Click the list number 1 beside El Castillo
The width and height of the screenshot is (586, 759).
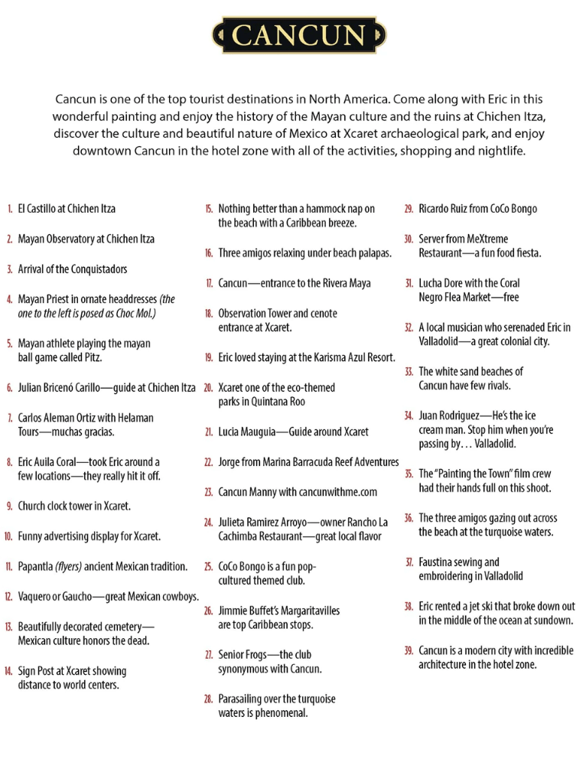(x=9, y=209)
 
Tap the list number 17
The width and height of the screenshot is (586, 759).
(x=208, y=284)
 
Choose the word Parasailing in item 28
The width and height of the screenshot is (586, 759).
(x=243, y=699)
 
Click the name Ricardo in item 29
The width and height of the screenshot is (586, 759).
(x=435, y=209)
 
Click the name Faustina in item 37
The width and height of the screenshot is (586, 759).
(x=439, y=562)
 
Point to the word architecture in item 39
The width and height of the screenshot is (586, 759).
(x=444, y=665)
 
